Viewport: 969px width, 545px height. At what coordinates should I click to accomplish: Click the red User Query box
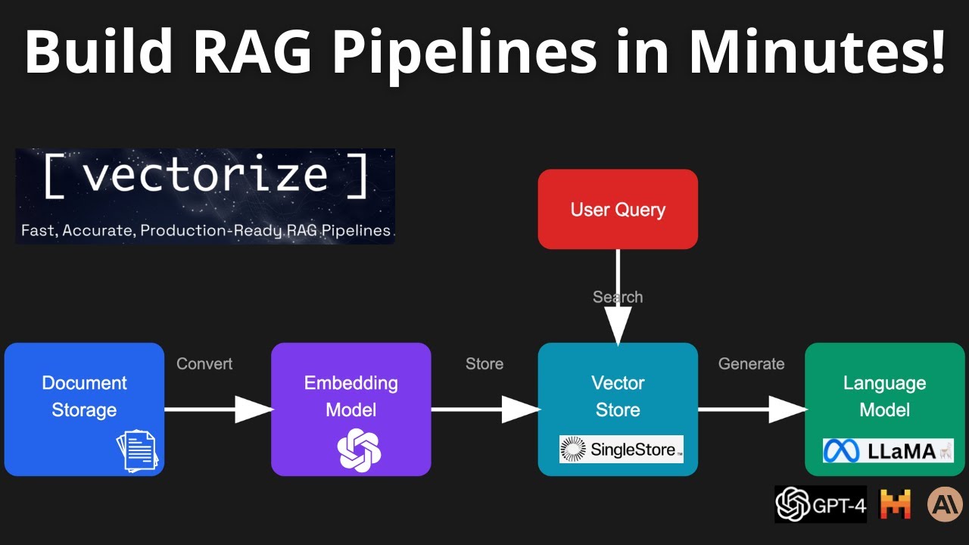click(618, 209)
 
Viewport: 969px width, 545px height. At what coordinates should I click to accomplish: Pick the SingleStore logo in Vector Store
click(621, 450)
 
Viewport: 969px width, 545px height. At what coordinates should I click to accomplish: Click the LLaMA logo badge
click(888, 450)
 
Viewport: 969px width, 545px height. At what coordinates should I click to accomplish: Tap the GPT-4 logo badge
click(821, 504)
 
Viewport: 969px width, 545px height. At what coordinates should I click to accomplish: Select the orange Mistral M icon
click(894, 504)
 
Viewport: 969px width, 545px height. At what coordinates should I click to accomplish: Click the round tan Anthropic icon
click(945, 504)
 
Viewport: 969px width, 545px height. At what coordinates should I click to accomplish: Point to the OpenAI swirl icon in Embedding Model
click(359, 450)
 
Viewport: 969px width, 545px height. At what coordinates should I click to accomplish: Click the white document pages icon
click(137, 450)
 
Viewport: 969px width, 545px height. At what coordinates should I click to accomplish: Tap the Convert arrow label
click(204, 364)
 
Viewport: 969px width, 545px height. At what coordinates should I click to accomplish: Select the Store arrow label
click(484, 364)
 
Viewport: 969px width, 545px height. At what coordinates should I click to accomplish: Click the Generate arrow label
click(751, 364)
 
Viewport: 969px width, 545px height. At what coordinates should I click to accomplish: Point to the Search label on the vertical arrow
click(618, 297)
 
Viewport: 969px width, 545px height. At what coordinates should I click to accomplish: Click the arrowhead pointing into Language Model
click(787, 410)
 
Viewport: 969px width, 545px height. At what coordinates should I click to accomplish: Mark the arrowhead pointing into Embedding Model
click(254, 410)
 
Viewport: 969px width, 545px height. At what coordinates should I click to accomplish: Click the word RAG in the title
click(270, 51)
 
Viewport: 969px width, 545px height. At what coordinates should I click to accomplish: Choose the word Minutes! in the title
click(818, 51)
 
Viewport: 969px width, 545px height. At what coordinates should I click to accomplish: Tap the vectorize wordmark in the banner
click(205, 176)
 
